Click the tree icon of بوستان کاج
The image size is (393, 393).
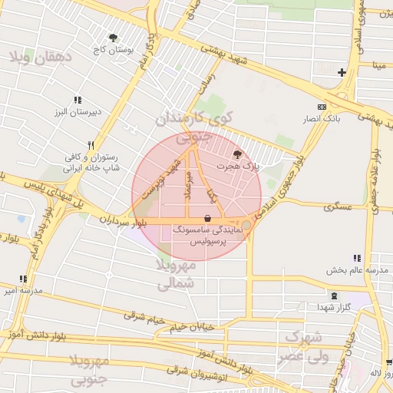[x=114, y=37]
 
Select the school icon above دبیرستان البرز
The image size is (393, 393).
[x=78, y=100]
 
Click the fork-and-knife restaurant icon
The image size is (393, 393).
[x=91, y=145]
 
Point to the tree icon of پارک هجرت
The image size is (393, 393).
[x=236, y=154]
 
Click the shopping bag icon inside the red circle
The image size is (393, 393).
[x=208, y=218]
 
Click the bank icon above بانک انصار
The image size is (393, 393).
[x=322, y=107]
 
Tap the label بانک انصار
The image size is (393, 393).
[x=322, y=119]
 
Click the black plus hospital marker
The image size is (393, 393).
[x=342, y=73]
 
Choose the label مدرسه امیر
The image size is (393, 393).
[x=17, y=290]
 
